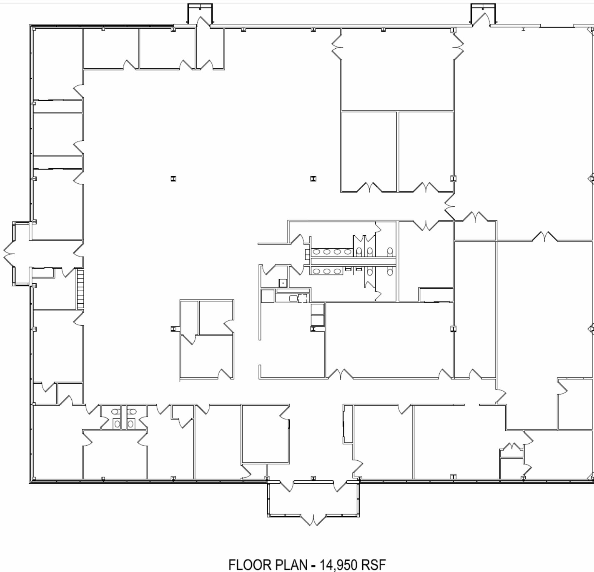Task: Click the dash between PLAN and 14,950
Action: [x=313, y=566]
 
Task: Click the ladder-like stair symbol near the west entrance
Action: [x=80, y=289]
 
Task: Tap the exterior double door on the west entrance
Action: [x=9, y=254]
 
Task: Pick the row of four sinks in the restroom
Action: [x=332, y=252]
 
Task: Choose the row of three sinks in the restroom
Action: [x=327, y=271]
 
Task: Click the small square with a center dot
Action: [x=283, y=283]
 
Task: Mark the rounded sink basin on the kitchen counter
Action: [x=293, y=298]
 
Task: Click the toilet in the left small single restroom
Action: [x=117, y=424]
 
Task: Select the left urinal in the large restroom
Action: [x=348, y=269]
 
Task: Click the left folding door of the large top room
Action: [x=337, y=47]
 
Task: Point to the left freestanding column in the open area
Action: [x=173, y=178]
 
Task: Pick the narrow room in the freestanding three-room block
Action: [x=189, y=317]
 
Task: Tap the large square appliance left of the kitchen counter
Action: [x=268, y=296]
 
